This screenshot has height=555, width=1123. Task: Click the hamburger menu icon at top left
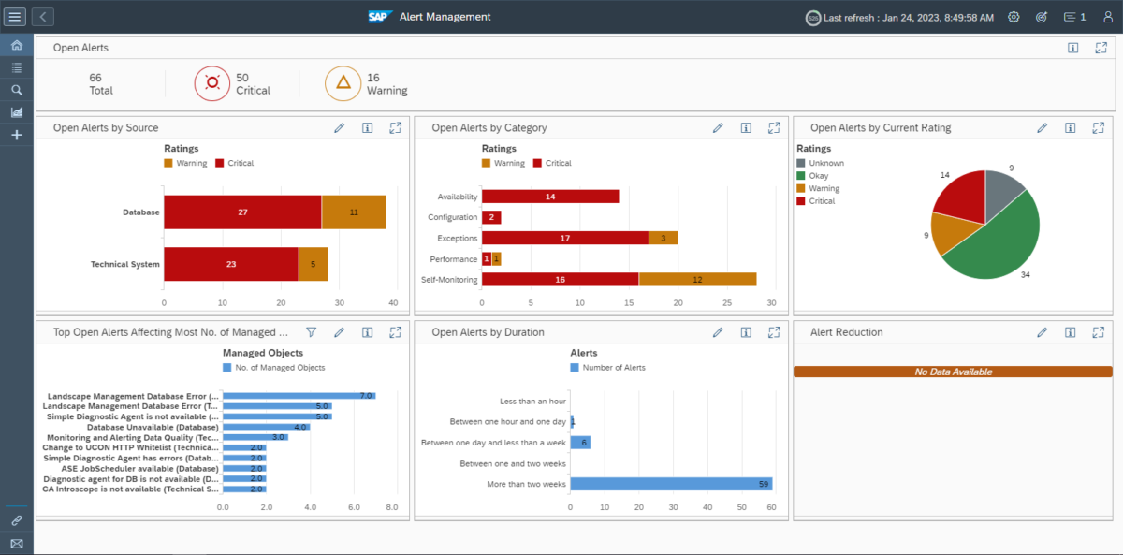tap(16, 17)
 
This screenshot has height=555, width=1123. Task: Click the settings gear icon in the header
tap(1014, 17)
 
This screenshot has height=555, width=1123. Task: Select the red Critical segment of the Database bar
tap(242, 212)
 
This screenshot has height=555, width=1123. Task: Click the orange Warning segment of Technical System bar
tap(313, 264)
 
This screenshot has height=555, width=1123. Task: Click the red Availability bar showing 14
tap(549, 197)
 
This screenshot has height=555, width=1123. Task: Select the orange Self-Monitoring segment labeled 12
tap(697, 279)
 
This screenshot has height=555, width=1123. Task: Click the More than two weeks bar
tap(670, 484)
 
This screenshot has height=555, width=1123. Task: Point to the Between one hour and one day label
tap(506, 422)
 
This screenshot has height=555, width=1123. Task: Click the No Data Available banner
tap(953, 372)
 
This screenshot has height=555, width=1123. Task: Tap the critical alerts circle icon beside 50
tap(212, 83)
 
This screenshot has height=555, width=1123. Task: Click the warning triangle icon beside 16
tap(343, 83)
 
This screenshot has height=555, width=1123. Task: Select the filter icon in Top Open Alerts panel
tap(312, 332)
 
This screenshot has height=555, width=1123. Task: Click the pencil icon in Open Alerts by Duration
tap(718, 332)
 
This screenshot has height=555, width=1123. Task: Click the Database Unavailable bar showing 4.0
tap(266, 427)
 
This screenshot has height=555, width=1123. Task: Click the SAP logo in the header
tap(379, 17)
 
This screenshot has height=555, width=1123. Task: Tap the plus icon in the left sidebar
tap(16, 136)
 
